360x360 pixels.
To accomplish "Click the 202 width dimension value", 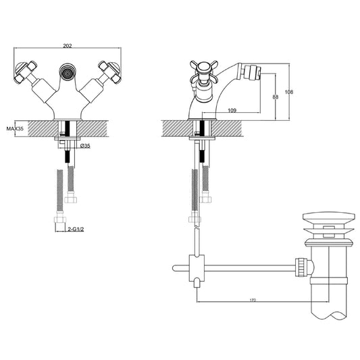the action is (x=68, y=46).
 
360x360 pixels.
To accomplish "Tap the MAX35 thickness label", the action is (x=15, y=128).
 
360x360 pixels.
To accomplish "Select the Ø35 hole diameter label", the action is (x=85, y=146).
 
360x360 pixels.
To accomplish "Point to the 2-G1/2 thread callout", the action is (x=76, y=229).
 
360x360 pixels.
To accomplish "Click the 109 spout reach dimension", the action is (x=232, y=110).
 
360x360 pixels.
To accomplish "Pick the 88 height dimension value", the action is (x=276, y=97).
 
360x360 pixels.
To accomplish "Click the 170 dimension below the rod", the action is (x=253, y=300).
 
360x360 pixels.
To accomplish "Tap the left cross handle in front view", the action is (x=25, y=72).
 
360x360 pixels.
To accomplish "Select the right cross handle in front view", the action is (x=109, y=72).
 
